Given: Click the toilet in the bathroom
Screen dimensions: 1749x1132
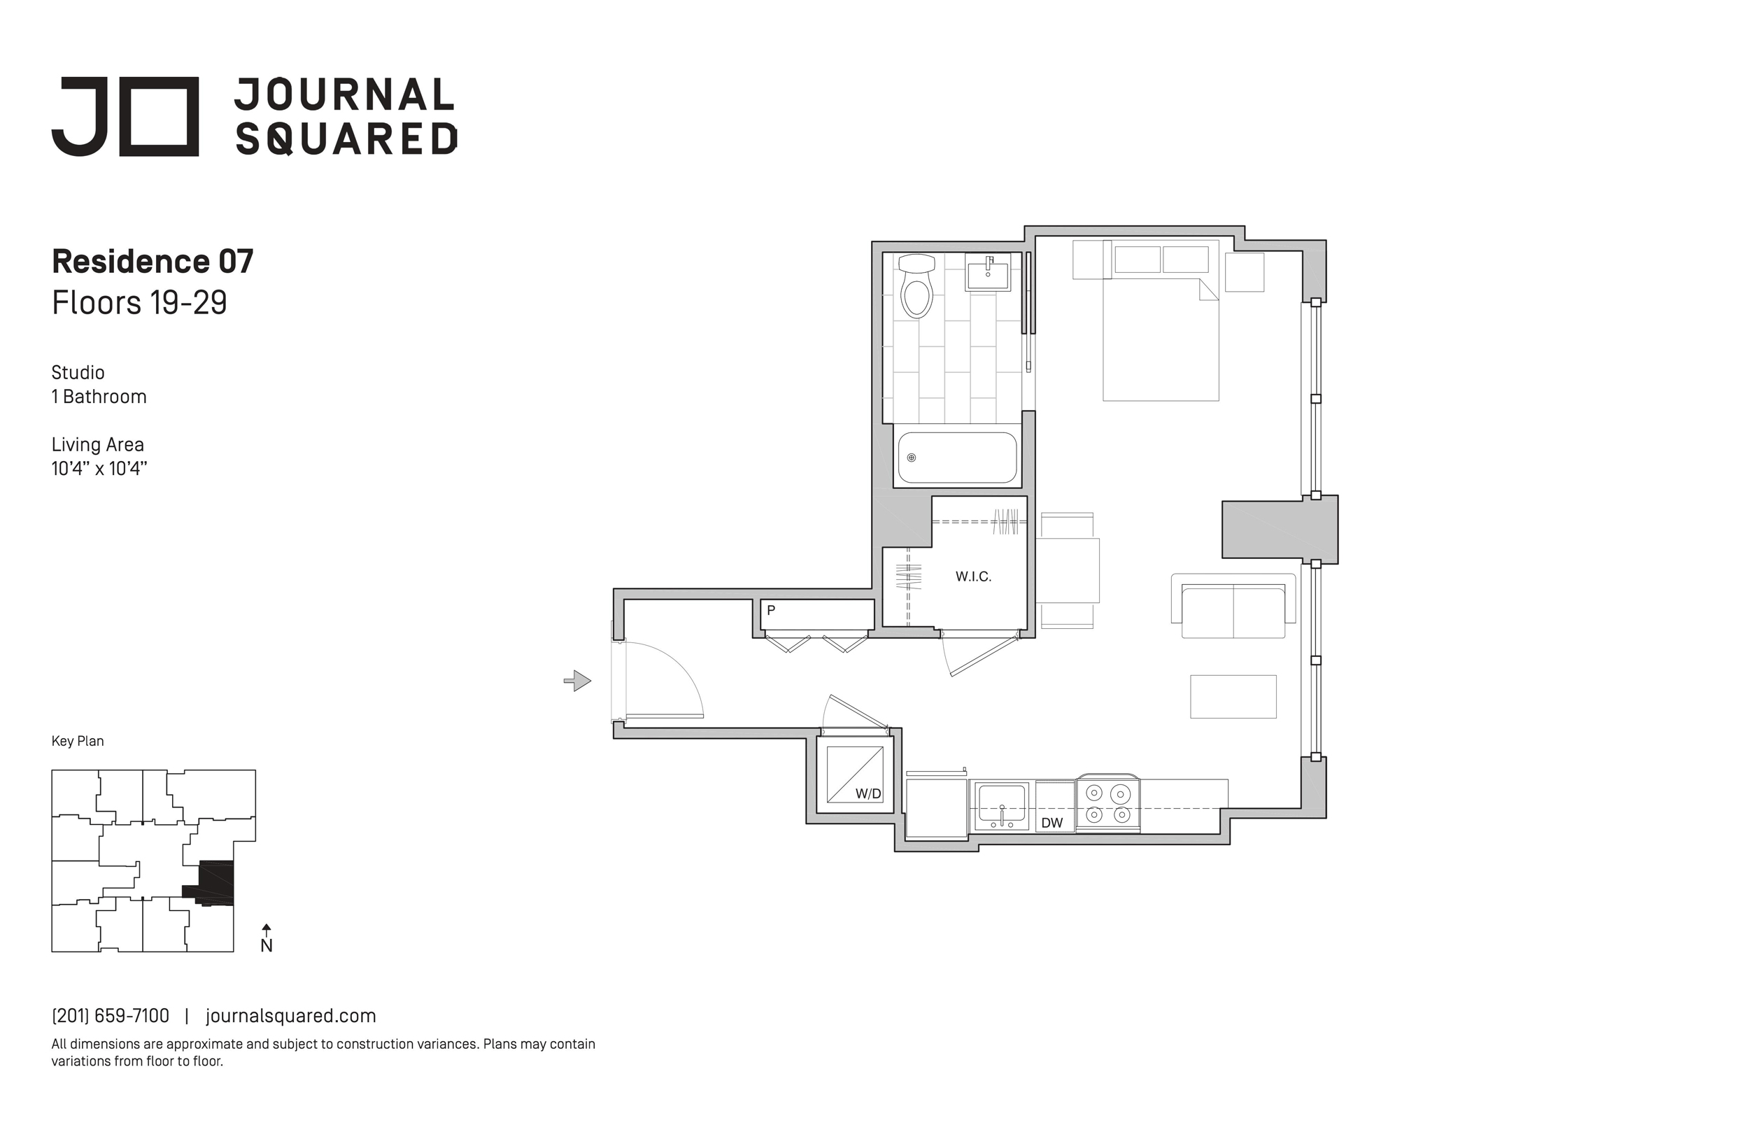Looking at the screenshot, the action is point(916,286).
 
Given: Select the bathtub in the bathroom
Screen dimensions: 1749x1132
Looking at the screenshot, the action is point(957,458).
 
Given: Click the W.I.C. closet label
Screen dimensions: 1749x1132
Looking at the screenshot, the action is point(973,577).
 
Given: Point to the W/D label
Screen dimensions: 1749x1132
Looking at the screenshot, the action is point(868,794).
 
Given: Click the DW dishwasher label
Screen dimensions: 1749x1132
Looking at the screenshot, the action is point(1051,823).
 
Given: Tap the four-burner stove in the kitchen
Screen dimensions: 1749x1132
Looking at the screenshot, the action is point(1107,803).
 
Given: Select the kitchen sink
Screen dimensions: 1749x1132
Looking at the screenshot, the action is point(1001,806).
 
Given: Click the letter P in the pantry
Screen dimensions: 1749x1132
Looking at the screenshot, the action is point(771,610).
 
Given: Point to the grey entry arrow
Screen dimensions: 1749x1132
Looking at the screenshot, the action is point(578,681).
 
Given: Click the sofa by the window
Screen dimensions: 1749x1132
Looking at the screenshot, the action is point(1233,607).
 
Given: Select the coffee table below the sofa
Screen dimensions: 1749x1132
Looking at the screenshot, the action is point(1233,696).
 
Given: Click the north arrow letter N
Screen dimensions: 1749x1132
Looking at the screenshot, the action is point(267,946).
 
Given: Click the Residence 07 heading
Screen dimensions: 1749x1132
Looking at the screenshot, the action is point(153,262).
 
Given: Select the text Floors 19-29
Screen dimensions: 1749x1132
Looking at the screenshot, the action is point(140,302).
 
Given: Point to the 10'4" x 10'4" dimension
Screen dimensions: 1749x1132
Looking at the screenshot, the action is point(99,468).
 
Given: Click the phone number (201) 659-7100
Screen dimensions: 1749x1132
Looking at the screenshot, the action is point(111,1016).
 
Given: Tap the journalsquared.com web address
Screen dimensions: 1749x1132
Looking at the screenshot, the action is point(291,1016).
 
